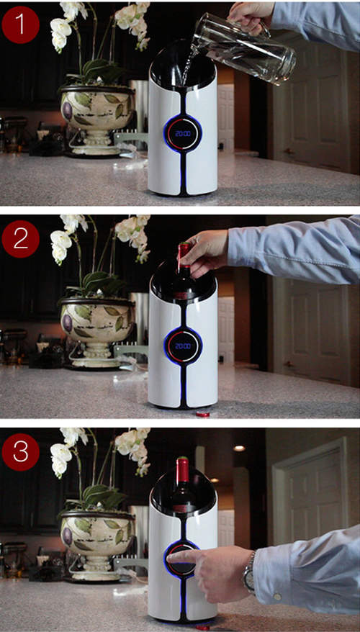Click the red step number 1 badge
[x=21, y=24]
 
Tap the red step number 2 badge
[x=21, y=239]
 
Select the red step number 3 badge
[x=21, y=452]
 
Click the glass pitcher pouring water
[x=244, y=48]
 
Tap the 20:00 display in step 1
[x=183, y=134]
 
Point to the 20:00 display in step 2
[x=183, y=347]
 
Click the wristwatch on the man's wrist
[x=248, y=572]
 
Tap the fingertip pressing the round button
[x=171, y=557]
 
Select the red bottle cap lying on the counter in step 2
[x=203, y=414]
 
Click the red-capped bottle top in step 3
[x=183, y=470]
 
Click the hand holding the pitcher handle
[x=251, y=15]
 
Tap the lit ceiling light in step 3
[x=239, y=448]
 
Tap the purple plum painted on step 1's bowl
[x=68, y=109]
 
